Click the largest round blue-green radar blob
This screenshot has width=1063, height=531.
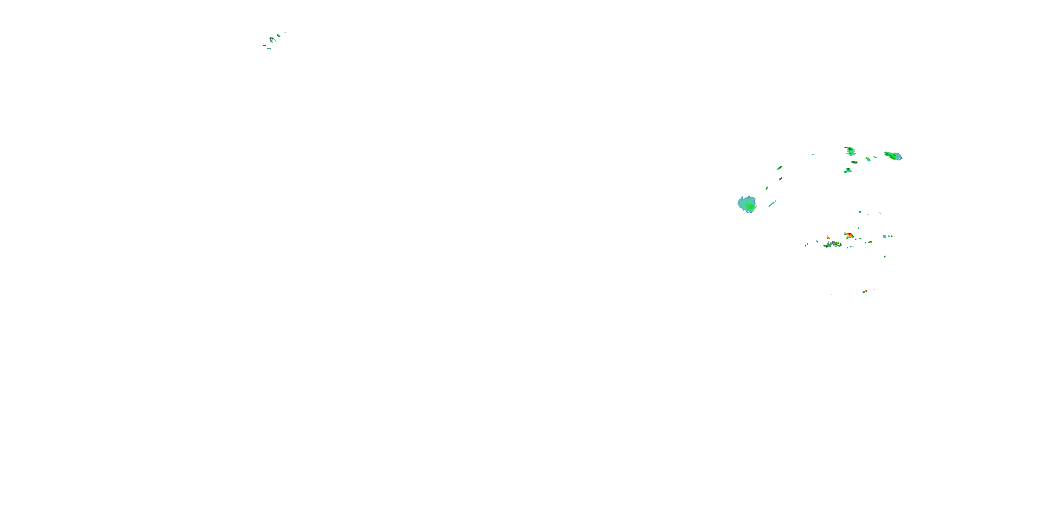tap(747, 204)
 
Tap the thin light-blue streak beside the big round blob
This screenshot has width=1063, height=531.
tap(772, 203)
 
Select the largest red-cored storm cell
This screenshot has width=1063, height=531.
tap(848, 235)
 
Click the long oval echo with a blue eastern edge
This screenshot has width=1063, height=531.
tap(893, 156)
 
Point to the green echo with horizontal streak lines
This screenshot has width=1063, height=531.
tap(850, 151)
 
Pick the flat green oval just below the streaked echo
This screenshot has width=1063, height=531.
tap(854, 162)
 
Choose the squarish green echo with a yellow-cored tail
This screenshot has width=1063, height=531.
tap(848, 170)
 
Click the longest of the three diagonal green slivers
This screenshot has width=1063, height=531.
tap(779, 168)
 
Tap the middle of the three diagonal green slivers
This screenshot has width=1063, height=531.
tap(780, 178)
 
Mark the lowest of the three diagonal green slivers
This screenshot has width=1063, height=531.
tap(767, 188)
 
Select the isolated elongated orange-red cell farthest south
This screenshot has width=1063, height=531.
tap(865, 291)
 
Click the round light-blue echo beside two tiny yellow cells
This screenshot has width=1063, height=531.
tap(884, 236)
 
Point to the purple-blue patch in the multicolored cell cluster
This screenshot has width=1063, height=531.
tap(834, 244)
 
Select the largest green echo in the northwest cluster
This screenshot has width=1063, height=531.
tap(272, 39)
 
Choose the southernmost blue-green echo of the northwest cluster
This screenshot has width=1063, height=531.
tap(269, 48)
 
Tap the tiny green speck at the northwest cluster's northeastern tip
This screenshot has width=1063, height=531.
tap(285, 32)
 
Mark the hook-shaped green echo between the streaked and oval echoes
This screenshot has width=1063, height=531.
tap(868, 159)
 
